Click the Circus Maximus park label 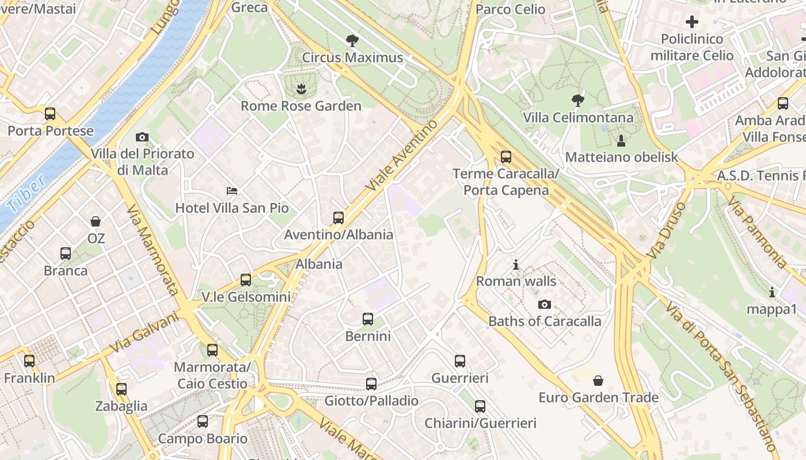pyautogui.click(x=352, y=57)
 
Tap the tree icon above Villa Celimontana pyautogui.click(x=577, y=101)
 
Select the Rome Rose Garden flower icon pyautogui.click(x=301, y=89)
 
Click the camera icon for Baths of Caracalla pyautogui.click(x=544, y=304)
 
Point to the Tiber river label pyautogui.click(x=26, y=193)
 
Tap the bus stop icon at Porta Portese pyautogui.click(x=50, y=113)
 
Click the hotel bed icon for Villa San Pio pyautogui.click(x=231, y=190)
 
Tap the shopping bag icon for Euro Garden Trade pyautogui.click(x=598, y=381)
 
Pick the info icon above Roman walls pyautogui.click(x=516, y=264)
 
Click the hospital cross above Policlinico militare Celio pyautogui.click(x=692, y=22)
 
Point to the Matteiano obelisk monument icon pyautogui.click(x=621, y=140)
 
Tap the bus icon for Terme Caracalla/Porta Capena pyautogui.click(x=505, y=156)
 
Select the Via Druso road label pyautogui.click(x=666, y=230)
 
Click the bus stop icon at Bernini pyautogui.click(x=368, y=319)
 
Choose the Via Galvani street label pyautogui.click(x=143, y=333)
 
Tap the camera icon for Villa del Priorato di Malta pyautogui.click(x=142, y=137)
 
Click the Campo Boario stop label pyautogui.click(x=203, y=439)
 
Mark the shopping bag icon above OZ pyautogui.click(x=96, y=221)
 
